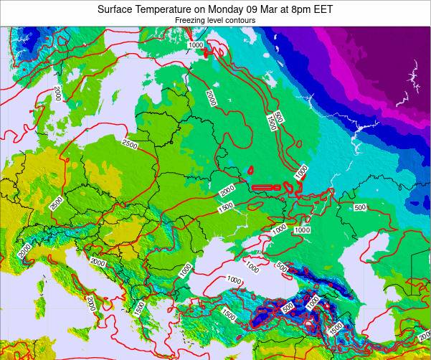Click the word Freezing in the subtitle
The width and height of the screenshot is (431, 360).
191,21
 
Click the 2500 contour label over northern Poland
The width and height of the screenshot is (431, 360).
130,145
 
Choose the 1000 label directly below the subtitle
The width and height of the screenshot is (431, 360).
196,45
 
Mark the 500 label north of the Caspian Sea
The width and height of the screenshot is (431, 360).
360,208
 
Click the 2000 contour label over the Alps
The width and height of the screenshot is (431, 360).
24,250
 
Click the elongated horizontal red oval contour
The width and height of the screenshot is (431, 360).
266,187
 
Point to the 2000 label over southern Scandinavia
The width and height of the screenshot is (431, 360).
57,93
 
